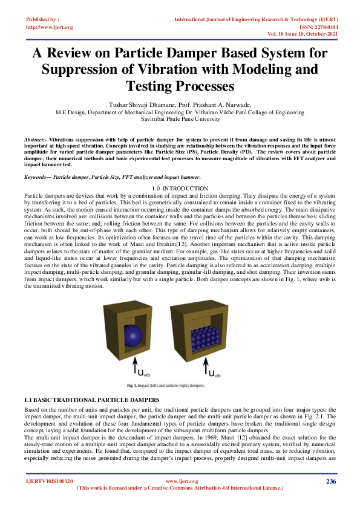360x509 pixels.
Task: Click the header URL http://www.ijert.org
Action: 50,27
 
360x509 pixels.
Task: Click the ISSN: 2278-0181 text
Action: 318,27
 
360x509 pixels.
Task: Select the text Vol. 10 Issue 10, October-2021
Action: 303,34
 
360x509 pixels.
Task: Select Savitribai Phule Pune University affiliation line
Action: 180,119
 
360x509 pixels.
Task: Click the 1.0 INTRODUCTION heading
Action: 180,189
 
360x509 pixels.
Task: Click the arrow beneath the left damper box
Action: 136,366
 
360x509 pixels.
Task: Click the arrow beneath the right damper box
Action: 206,366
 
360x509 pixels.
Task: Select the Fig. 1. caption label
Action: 132,386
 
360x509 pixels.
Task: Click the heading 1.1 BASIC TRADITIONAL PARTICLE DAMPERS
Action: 91,400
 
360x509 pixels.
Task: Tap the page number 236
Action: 331,481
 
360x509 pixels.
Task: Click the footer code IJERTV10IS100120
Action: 50,481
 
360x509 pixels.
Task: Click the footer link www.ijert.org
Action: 182,481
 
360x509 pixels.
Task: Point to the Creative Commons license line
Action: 180,488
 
